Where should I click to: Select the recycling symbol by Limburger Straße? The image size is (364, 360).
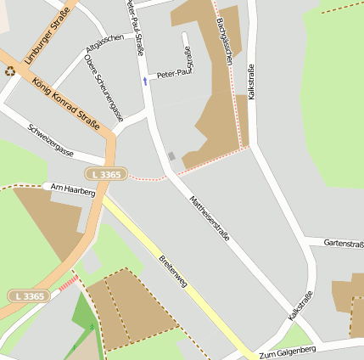[9, 71]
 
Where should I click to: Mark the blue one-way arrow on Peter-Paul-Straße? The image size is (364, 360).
[144, 81]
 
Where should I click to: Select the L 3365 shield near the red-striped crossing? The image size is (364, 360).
[30, 295]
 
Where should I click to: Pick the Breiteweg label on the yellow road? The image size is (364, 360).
[173, 272]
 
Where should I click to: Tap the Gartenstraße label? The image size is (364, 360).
[344, 243]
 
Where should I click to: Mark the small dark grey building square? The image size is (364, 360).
[171, 156]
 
